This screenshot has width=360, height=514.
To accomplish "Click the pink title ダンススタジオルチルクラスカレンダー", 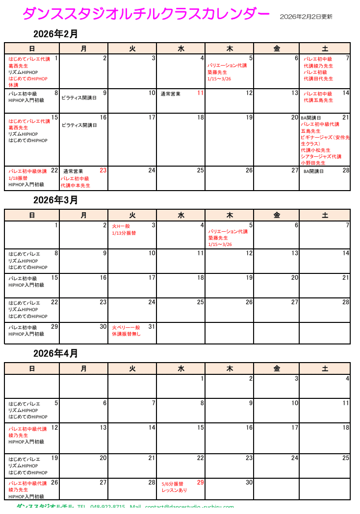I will coord(146,14).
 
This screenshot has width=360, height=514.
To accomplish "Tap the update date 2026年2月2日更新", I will coord(306,17).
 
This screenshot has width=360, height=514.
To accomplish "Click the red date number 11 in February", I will coord(200,93).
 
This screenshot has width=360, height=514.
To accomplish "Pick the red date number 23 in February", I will coord(103,171).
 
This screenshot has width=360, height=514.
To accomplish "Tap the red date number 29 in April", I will coord(200,483).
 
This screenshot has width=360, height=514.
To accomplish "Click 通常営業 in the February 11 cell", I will coord(171,94).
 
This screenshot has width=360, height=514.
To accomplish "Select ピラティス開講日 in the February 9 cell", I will coord(79,98).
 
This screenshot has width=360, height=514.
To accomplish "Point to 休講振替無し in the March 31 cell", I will coord(126,334).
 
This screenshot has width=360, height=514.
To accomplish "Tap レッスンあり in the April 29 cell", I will coord(174,490).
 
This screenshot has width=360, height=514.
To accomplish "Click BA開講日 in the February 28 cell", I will coord(313,171).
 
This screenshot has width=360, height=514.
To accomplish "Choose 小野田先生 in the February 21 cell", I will coord(313,163).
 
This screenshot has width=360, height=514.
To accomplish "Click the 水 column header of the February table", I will coord(181,48).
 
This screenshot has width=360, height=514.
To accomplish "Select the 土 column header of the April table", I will coord(325,368).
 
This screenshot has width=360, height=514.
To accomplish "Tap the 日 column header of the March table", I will coord(32,215).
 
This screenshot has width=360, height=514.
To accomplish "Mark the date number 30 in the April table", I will coord(249,483).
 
